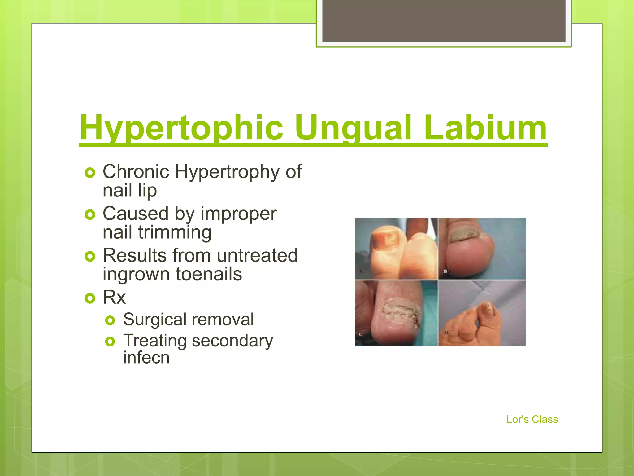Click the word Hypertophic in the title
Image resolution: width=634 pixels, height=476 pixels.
181,128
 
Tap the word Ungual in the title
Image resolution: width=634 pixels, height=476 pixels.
353,128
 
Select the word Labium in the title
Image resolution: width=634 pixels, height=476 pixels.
485,128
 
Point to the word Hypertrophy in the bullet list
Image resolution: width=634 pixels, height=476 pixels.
227,172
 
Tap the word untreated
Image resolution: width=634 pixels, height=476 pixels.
257,255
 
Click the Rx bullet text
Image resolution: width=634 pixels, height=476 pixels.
114,297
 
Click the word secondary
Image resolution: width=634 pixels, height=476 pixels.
232,341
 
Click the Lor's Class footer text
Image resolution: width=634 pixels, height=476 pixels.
532,419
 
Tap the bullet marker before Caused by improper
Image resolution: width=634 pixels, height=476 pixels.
90,214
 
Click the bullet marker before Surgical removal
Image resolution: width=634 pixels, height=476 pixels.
110,320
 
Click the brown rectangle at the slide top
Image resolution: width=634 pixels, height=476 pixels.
444,20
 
